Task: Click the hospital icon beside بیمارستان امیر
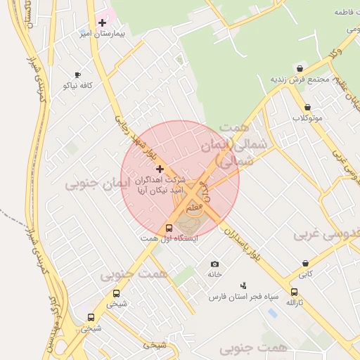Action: point(102,22)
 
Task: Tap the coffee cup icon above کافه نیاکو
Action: point(77,75)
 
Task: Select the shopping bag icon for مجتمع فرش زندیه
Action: point(301,69)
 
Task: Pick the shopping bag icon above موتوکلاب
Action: point(308,107)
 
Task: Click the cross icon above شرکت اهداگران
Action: point(160,169)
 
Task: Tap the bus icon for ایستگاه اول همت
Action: point(169,228)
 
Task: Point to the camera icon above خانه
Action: point(214,264)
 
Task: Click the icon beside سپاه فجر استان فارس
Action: point(243,285)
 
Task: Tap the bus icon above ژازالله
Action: point(294,292)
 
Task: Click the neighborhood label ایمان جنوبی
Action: point(90,184)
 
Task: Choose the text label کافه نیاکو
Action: point(77,85)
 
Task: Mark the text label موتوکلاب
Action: point(307,117)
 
